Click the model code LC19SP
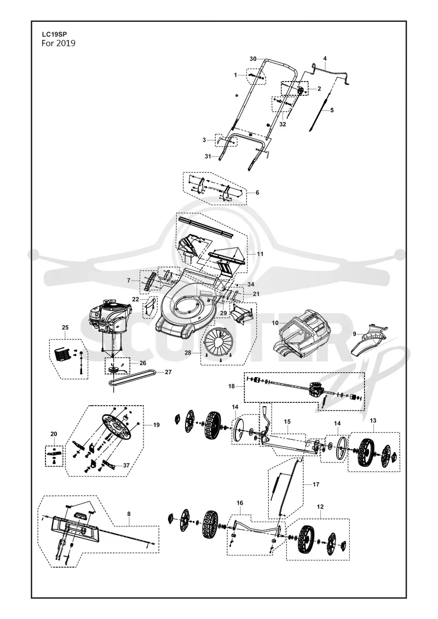click(54, 34)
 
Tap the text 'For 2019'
click(59, 43)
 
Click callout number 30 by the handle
click(253, 59)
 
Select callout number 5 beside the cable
click(332, 110)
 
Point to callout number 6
click(257, 193)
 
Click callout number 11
click(260, 254)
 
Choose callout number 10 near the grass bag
click(275, 323)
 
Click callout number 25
click(65, 327)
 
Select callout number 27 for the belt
click(168, 372)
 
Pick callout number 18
click(232, 386)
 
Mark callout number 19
click(157, 425)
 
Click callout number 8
click(129, 513)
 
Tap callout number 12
click(320, 506)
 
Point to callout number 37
click(126, 465)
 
